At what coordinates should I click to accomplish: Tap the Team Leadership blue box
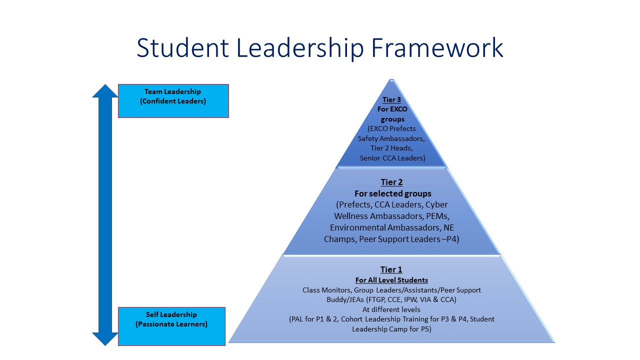tap(173, 100)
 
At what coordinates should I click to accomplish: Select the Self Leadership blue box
tap(171, 326)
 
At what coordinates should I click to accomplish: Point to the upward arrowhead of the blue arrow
tap(105, 91)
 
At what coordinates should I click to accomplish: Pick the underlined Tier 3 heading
tap(391, 100)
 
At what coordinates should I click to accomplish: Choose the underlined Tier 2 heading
tap(391, 182)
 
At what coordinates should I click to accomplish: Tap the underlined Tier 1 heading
tap(391, 269)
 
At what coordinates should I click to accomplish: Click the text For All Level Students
tap(391, 280)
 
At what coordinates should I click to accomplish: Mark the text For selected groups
tap(392, 193)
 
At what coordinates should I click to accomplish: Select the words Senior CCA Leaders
tap(392, 158)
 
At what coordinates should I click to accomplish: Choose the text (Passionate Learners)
tap(171, 324)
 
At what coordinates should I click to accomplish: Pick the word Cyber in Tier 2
tap(436, 204)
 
